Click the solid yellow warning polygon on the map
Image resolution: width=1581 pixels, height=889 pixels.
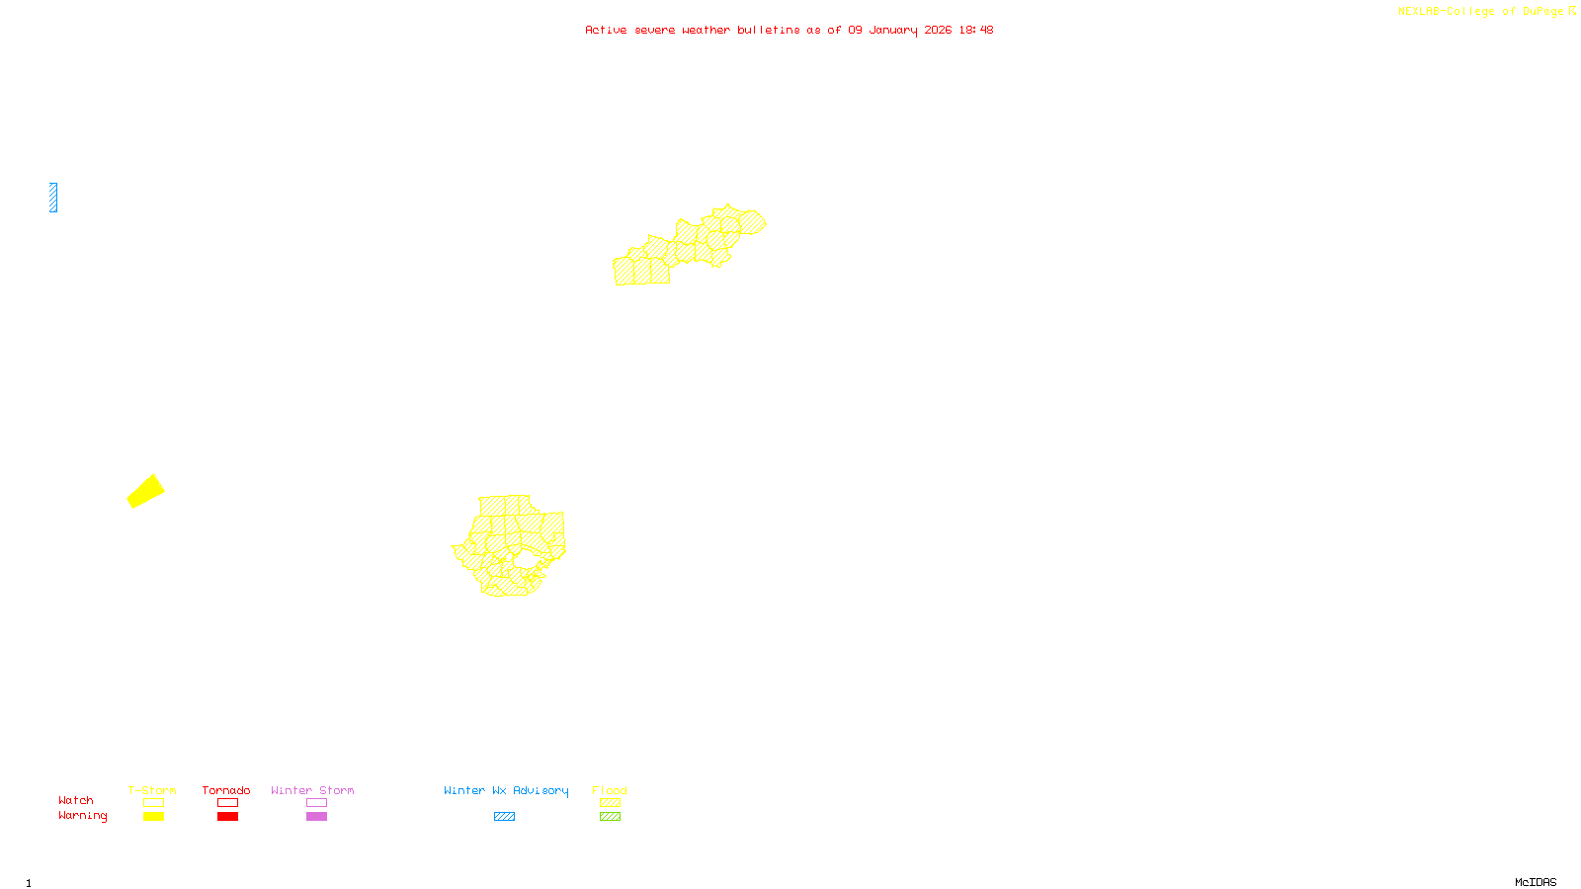[x=145, y=491]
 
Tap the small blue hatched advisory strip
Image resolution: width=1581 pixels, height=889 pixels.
[x=53, y=198]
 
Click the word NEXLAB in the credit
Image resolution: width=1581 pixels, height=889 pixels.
[x=1418, y=12]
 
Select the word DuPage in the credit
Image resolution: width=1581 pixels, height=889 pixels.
[x=1542, y=12]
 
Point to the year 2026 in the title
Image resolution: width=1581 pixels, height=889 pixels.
[x=938, y=30]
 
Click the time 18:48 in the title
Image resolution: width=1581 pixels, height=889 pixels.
[x=975, y=30]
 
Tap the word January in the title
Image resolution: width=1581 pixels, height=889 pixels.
[x=893, y=30]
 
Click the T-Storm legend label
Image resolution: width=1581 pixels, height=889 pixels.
[x=152, y=790]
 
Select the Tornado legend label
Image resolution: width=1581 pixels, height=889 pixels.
[x=226, y=790]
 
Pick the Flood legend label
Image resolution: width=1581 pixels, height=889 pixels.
[x=610, y=790]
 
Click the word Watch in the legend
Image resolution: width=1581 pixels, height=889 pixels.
[x=76, y=800]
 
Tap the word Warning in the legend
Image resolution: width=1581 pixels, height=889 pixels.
[x=82, y=816]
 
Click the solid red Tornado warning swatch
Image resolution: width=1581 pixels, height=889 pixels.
[x=227, y=817]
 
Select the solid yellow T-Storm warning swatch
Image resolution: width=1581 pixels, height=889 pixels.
[x=153, y=817]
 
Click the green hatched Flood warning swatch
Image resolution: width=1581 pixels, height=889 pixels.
[x=610, y=817]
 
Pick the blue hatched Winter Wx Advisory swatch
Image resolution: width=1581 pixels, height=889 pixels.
[x=504, y=817]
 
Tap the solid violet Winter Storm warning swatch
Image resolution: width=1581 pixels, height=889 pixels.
[x=316, y=817]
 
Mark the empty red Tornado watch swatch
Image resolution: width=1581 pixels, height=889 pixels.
[x=227, y=803]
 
